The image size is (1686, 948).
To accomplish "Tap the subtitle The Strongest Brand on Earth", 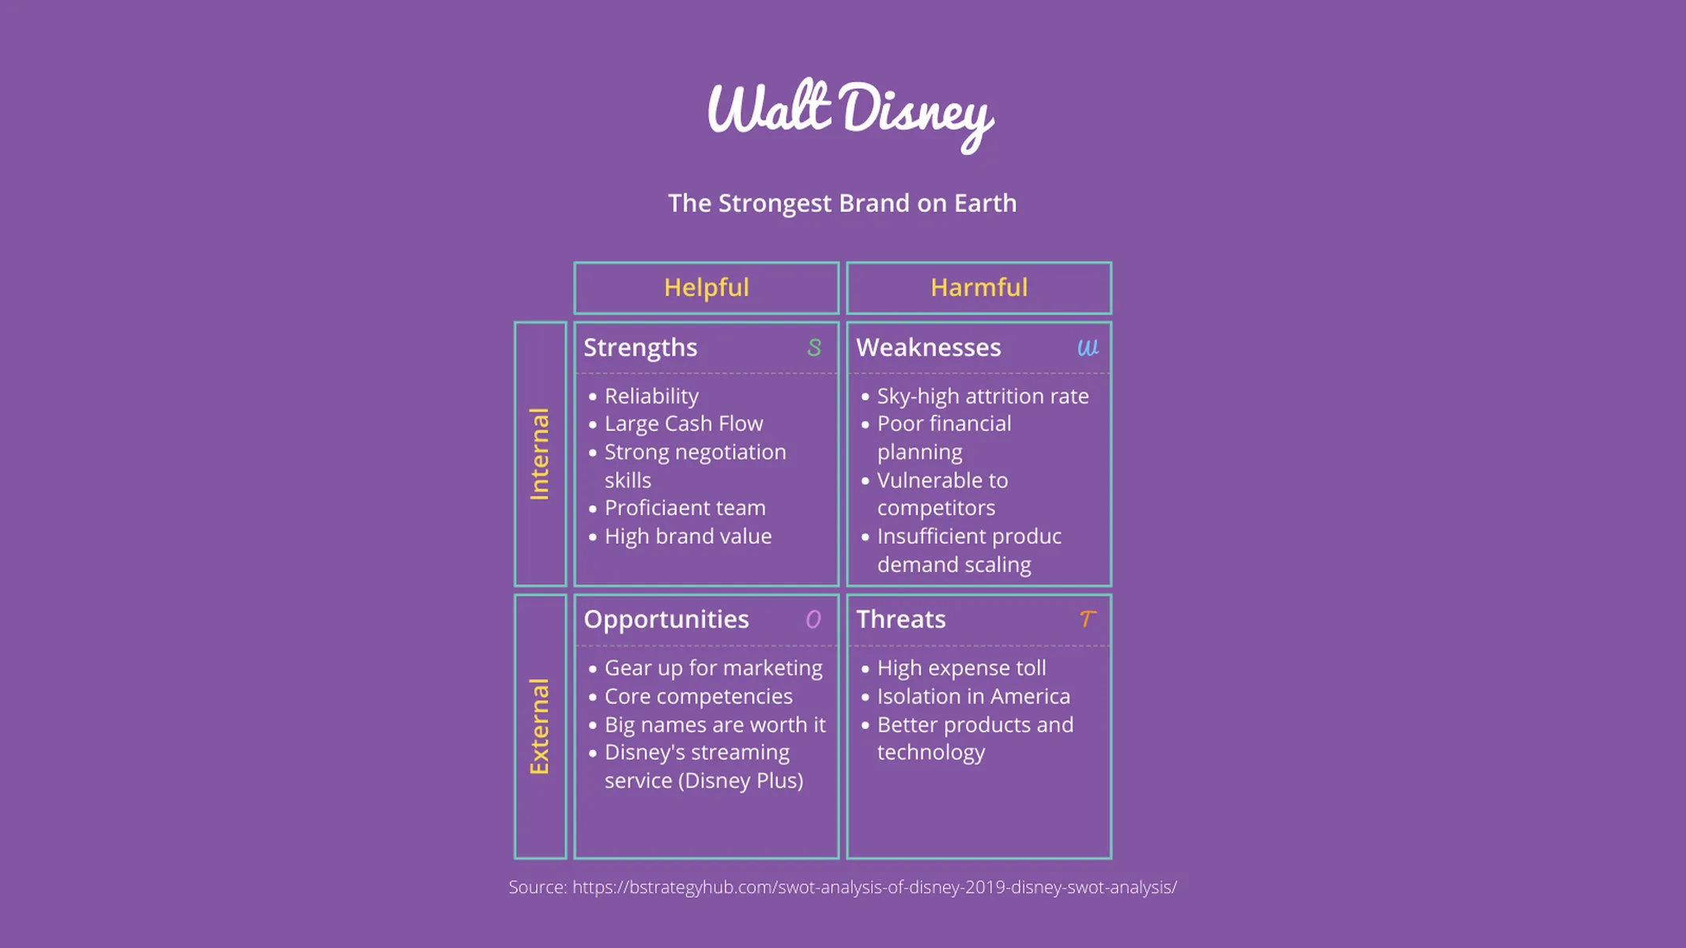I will [x=842, y=203].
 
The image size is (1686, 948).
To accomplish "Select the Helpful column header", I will [x=706, y=288].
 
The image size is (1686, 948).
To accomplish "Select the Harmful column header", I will [x=979, y=288].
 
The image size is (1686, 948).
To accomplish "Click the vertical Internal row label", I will [x=540, y=453].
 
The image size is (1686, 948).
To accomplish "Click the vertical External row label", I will [x=540, y=726].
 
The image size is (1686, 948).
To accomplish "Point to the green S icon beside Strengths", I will [x=813, y=348].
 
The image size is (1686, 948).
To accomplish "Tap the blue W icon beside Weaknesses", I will [x=1088, y=348].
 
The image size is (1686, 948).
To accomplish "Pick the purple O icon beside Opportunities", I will [x=813, y=619].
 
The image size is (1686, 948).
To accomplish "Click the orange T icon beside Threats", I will [x=1088, y=619].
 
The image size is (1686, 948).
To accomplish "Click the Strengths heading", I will [x=640, y=348].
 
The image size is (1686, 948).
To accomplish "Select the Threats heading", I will [x=900, y=619].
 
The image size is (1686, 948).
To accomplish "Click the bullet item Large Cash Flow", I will [x=684, y=423].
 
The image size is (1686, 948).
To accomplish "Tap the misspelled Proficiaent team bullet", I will [x=685, y=508].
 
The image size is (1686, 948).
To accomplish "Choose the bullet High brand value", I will [x=688, y=536].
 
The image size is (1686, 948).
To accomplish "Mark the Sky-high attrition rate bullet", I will [x=983, y=396].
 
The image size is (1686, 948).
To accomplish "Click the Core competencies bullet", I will [x=698, y=697].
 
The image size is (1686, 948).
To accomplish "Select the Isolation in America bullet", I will [x=973, y=697].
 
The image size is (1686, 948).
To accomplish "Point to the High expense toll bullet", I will [x=961, y=668].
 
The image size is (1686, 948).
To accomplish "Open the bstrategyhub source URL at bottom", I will [x=874, y=887].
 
